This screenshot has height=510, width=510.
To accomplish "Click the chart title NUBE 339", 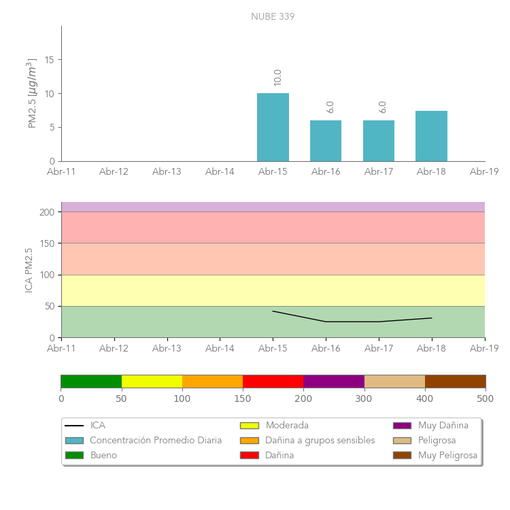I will [273, 16].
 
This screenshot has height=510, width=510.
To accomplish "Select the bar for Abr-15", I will [273, 127].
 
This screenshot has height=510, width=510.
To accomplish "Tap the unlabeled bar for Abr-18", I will [431, 136].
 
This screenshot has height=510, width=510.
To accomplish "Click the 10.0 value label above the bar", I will [277, 77].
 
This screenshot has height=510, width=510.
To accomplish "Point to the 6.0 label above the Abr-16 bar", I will [330, 107].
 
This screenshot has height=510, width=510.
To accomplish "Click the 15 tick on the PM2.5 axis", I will [49, 60].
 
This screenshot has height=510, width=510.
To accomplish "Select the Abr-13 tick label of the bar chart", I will [167, 172].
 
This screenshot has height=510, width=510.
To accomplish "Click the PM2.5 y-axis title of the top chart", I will [32, 93].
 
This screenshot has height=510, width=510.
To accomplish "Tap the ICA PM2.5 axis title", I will [29, 270].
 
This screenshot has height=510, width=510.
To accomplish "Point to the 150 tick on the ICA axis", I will [47, 243].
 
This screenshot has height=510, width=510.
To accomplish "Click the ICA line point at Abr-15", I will [273, 311].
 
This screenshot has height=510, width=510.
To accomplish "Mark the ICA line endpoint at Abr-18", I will [432, 318].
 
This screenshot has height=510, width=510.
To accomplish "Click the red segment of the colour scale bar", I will [273, 381].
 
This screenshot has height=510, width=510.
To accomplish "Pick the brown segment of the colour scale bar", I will [455, 381].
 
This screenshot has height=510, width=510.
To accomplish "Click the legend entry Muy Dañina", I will [443, 426].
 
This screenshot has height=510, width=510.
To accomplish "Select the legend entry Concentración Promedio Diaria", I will [156, 441].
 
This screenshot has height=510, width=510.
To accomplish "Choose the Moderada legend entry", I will [286, 426].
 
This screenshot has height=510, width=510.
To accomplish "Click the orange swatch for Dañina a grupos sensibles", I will [250, 441].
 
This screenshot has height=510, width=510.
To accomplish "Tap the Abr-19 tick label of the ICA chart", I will [484, 348].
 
